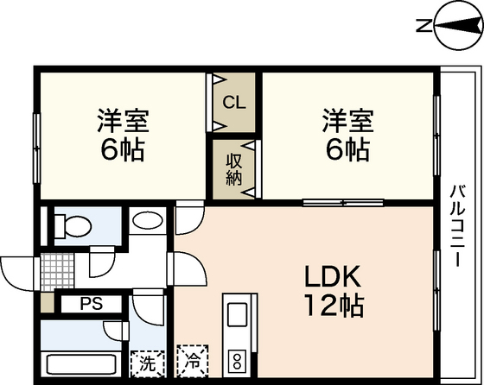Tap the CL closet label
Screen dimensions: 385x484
[x=233, y=102]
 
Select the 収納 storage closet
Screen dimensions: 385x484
[x=234, y=167]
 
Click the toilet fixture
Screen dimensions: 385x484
[x=73, y=227]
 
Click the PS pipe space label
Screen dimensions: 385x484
[x=90, y=304]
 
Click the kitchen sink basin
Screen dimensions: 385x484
[x=236, y=312]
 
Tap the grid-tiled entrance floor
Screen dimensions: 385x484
[x=56, y=267]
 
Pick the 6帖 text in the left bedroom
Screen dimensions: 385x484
[x=122, y=149]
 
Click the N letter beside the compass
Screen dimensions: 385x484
[x=423, y=27]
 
